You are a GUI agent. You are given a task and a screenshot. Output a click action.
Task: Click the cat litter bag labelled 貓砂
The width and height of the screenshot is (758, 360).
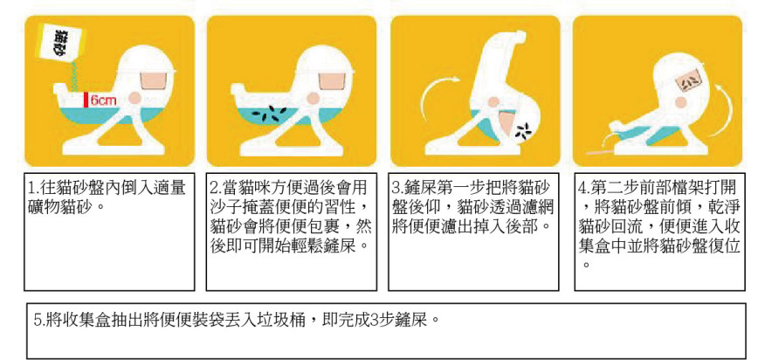[61, 44]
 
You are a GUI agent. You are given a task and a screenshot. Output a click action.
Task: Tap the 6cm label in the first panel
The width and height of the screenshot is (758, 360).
[103, 100]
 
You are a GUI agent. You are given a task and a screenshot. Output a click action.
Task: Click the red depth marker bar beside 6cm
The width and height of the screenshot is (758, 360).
[86, 99]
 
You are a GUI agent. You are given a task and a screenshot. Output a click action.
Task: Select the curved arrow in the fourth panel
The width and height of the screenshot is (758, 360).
[725, 110]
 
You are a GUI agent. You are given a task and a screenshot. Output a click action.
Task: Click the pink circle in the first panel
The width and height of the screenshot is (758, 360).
[135, 98]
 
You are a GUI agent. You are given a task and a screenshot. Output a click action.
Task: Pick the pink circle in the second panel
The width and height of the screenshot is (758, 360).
[314, 98]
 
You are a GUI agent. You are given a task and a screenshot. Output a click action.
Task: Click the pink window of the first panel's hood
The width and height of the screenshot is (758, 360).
[155, 79]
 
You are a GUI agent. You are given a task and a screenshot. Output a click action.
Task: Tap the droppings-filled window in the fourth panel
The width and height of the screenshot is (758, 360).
[686, 80]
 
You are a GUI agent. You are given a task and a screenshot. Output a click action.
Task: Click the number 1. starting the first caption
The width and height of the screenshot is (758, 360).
[34, 188]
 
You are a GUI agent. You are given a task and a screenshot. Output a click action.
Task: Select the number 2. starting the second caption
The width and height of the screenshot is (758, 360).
[216, 188]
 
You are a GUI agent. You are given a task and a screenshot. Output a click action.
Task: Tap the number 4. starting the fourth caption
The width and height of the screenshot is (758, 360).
[584, 188]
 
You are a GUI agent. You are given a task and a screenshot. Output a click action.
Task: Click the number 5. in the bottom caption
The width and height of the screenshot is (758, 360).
[40, 320]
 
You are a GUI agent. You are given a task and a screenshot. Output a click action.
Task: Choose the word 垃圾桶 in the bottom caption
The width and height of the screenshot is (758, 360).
[287, 320]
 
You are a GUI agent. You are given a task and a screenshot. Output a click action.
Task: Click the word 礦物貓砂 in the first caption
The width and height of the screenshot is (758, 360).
[60, 207]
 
